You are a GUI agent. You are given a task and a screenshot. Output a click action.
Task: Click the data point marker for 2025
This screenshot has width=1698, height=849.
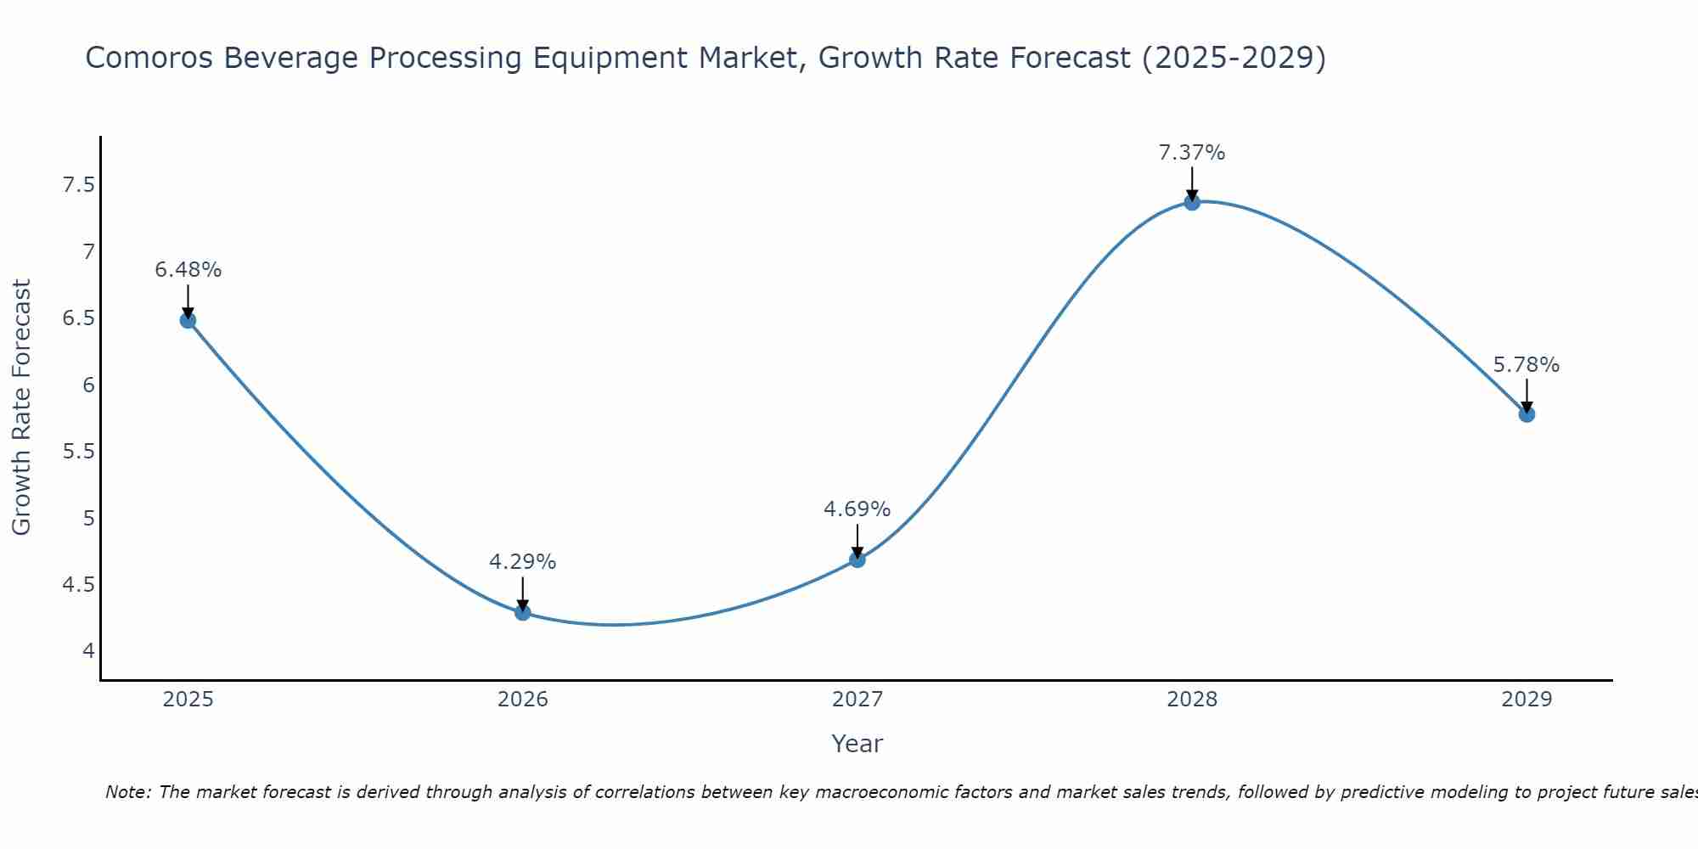coord(188,320)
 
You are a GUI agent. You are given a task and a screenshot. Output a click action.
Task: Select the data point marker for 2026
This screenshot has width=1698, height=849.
coord(522,612)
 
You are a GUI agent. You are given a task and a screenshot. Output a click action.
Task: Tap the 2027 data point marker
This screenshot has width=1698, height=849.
coord(857,559)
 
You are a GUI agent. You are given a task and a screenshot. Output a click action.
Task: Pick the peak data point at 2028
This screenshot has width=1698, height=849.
coord(1191,202)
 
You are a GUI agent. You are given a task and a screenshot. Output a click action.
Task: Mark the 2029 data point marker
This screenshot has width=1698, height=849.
coord(1526,414)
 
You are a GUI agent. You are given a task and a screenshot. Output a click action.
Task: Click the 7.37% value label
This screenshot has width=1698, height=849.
coord(1191,153)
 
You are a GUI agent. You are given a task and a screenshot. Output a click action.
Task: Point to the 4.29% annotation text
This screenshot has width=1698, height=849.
coord(522,562)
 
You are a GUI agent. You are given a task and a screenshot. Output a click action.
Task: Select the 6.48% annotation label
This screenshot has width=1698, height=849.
coord(188,270)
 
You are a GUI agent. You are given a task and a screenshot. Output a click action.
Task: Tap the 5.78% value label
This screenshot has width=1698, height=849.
coord(1526,365)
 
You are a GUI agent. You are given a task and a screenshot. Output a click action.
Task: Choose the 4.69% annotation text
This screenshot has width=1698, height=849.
coord(857,509)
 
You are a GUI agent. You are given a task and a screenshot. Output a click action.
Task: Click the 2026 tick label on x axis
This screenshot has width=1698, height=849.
coord(522,700)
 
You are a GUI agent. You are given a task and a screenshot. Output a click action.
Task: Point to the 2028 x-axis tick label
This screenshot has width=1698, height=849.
coord(1191,700)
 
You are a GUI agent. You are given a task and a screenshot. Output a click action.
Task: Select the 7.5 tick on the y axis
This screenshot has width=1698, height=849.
coord(78,185)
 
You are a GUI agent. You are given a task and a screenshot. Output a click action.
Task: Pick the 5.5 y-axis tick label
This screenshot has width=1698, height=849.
coord(78,452)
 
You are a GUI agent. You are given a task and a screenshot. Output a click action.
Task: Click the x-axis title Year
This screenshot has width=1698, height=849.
coord(857,744)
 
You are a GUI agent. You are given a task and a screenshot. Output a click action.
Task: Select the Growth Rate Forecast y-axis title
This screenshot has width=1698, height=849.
coord(21,408)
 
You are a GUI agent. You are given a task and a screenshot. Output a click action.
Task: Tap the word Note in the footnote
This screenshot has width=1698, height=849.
coord(127,792)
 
